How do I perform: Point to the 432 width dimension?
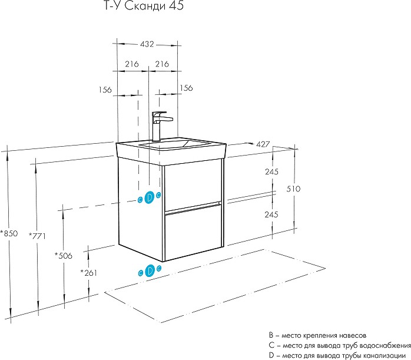point(147,44)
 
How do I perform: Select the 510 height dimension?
point(293,189)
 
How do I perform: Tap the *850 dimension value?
point(9,233)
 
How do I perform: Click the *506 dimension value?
point(63,256)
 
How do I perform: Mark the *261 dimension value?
point(88,273)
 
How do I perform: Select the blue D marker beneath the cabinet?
point(150,270)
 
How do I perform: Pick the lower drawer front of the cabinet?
point(192,233)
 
